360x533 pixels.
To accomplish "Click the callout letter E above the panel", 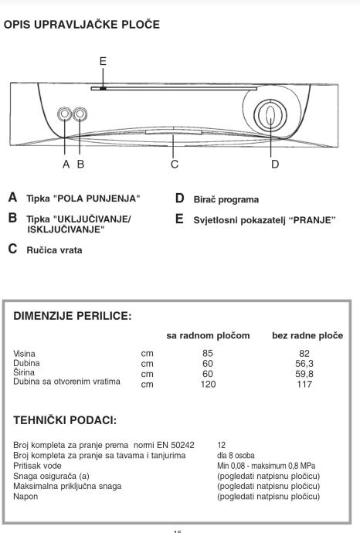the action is point(103,61).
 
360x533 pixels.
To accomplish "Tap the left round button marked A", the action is point(64,114).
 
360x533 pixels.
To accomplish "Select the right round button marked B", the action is point(80,114).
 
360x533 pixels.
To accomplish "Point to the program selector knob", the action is point(270,116).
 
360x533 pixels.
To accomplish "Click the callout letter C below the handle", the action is point(175,165).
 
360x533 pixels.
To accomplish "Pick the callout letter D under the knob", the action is point(275,165).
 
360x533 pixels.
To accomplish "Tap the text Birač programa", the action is point(226,199).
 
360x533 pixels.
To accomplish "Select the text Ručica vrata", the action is point(54,250).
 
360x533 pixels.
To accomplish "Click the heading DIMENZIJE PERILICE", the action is point(73,316).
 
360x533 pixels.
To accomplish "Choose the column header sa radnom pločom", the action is point(208,335).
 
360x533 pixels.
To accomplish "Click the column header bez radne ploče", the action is point(307,335).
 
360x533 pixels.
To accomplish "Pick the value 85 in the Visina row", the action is point(208,354).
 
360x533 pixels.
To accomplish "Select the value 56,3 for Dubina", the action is point(304,364).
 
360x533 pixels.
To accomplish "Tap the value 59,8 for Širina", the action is point(304,374).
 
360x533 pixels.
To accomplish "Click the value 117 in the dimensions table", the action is point(304,384).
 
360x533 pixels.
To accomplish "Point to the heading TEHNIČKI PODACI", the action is point(65,420).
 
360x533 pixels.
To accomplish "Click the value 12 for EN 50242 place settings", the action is point(221,445).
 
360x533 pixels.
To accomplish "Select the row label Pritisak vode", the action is point(37,466).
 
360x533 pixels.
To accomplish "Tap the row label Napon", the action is point(25,497).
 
